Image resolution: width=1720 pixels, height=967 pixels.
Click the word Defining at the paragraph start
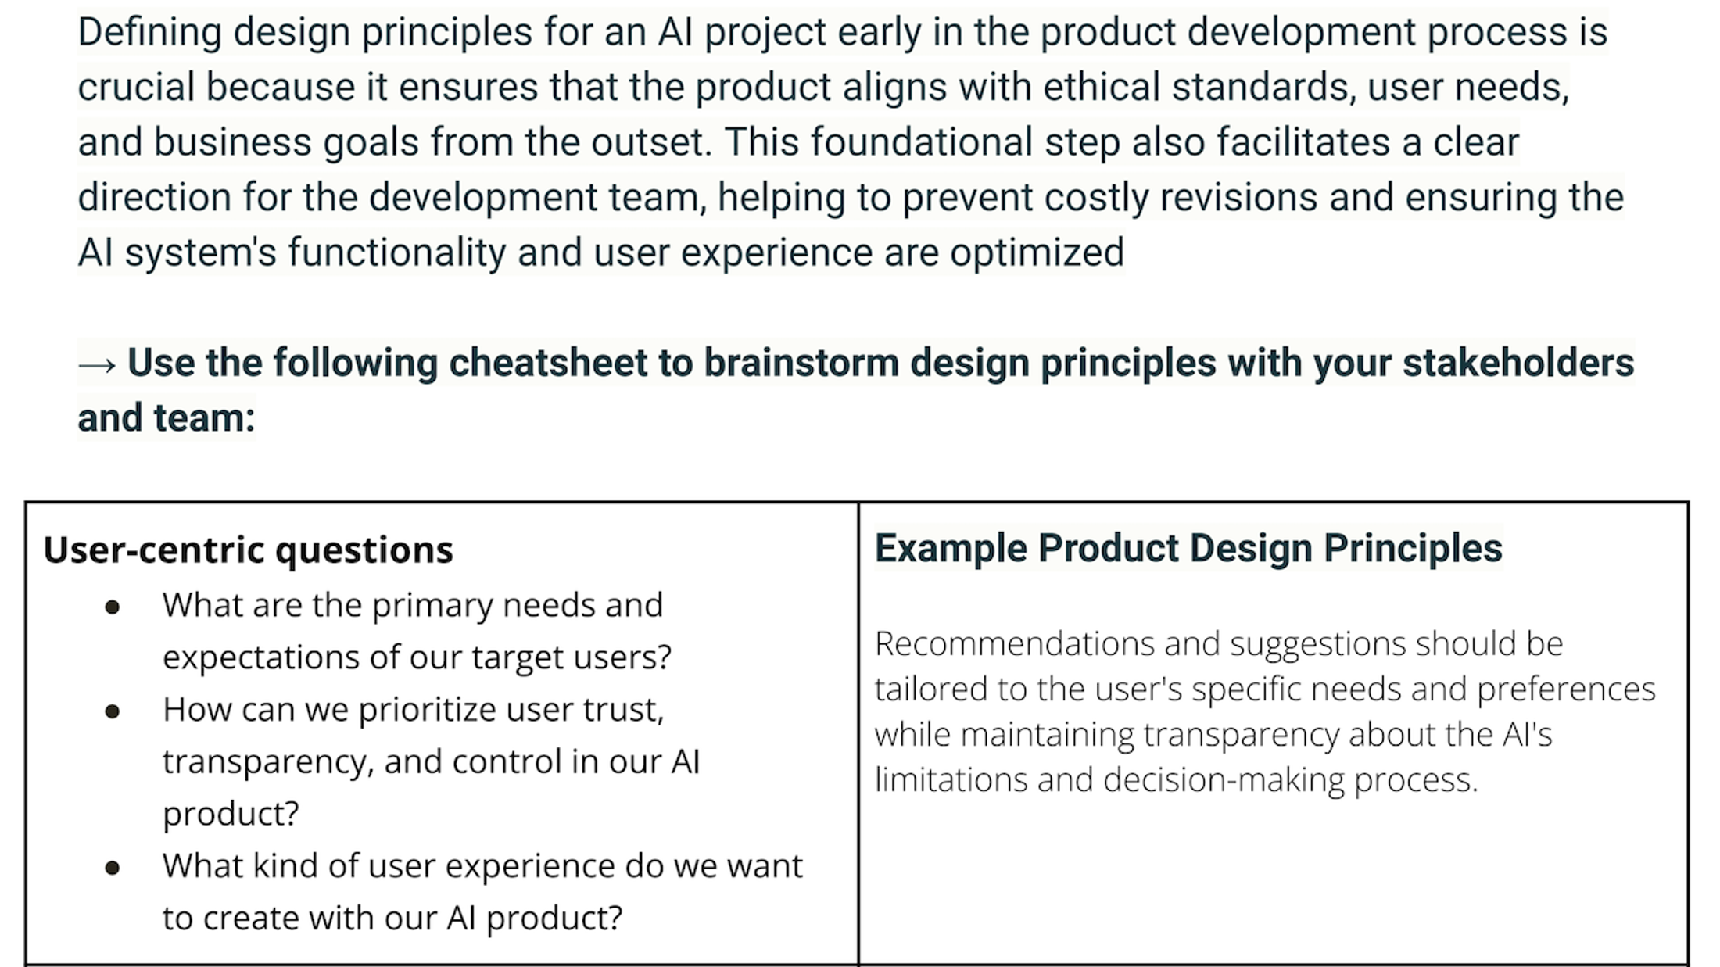(149, 33)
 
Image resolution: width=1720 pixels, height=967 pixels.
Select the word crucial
(135, 87)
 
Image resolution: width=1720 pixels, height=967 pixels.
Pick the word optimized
(1037, 252)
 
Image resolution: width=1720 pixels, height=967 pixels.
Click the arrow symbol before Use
(97, 364)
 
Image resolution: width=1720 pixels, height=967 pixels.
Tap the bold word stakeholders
(1518, 363)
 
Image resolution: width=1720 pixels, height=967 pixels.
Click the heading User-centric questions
(248, 550)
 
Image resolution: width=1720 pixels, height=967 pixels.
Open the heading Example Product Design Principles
(1188, 548)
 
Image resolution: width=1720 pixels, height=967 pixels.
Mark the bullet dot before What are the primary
(113, 607)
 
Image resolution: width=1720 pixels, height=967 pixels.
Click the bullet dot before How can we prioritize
(113, 711)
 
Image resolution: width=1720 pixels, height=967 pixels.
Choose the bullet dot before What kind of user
(113, 868)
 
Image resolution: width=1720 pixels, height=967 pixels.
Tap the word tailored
(930, 689)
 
